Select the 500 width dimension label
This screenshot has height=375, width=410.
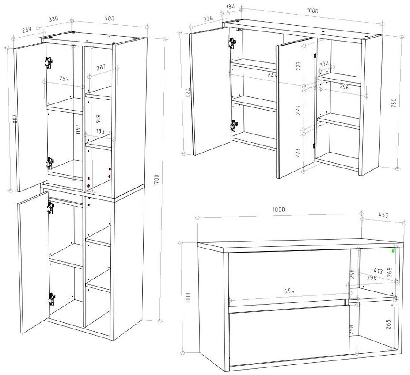click(110, 19)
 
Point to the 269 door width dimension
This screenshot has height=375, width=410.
click(27, 30)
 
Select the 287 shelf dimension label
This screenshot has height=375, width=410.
click(102, 68)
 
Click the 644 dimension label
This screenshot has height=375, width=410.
click(273, 76)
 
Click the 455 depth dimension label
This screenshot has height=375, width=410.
click(383, 215)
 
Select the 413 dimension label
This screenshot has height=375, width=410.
click(378, 271)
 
